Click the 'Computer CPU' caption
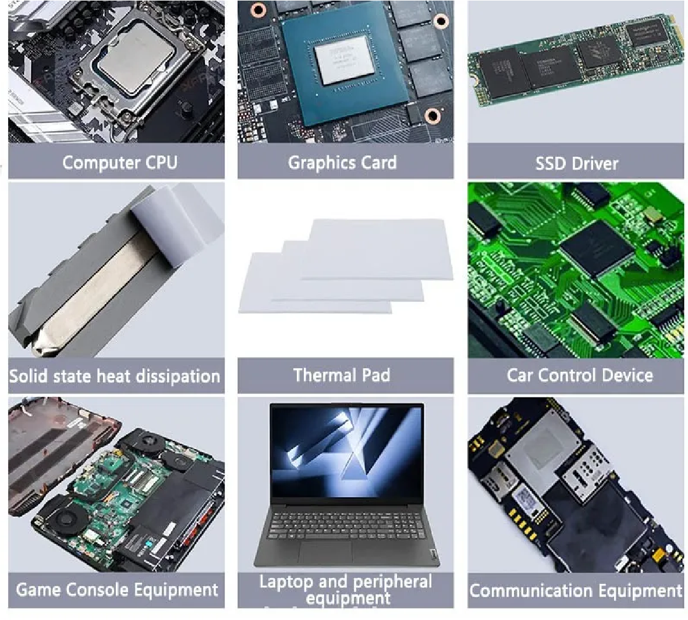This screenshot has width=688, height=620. point(120,163)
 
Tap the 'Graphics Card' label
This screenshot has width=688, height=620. point(342,163)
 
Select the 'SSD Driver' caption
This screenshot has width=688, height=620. point(577,164)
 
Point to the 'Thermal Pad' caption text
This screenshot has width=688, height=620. point(341,375)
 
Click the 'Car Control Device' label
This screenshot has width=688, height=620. point(580,375)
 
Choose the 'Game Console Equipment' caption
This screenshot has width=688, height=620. point(117,589)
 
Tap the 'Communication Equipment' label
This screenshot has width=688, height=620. point(576,590)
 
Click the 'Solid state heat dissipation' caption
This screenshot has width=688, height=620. point(115,376)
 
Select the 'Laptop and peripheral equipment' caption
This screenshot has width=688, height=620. point(346,590)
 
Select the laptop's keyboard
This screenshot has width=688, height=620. point(347,524)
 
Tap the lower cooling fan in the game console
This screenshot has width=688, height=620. point(66,519)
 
